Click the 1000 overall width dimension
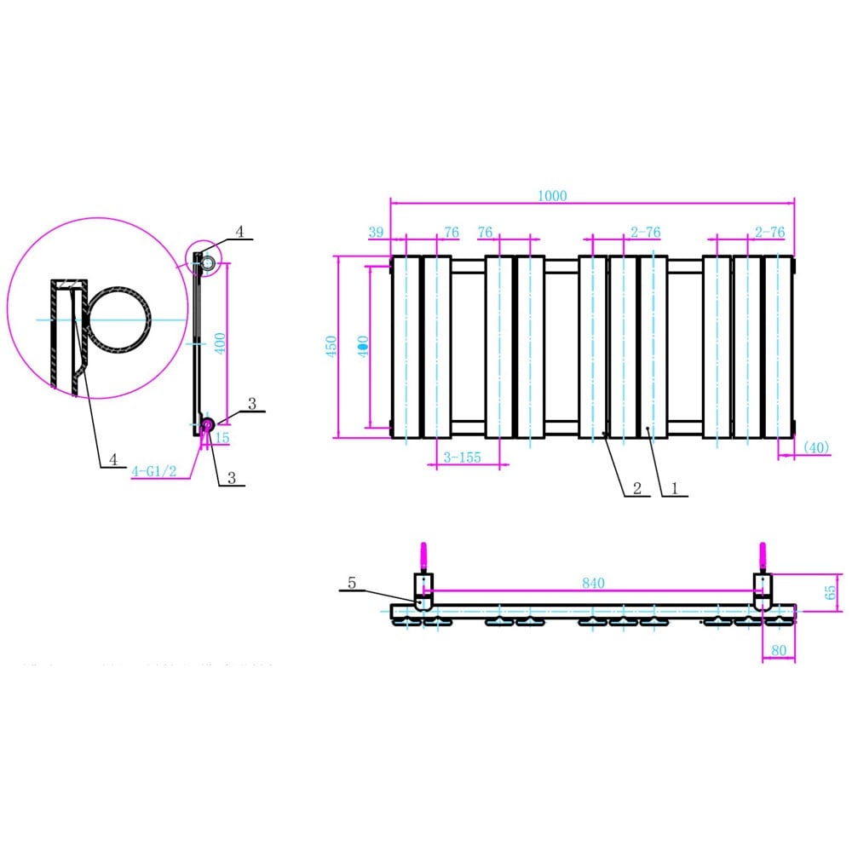552,195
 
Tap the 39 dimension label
377,232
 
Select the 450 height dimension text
332,345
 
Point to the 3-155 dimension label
462,458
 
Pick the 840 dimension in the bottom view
593,583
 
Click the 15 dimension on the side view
222,438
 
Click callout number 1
674,488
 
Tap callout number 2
636,488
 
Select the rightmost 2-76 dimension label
769,232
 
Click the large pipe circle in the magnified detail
121,319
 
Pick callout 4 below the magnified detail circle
113,459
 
